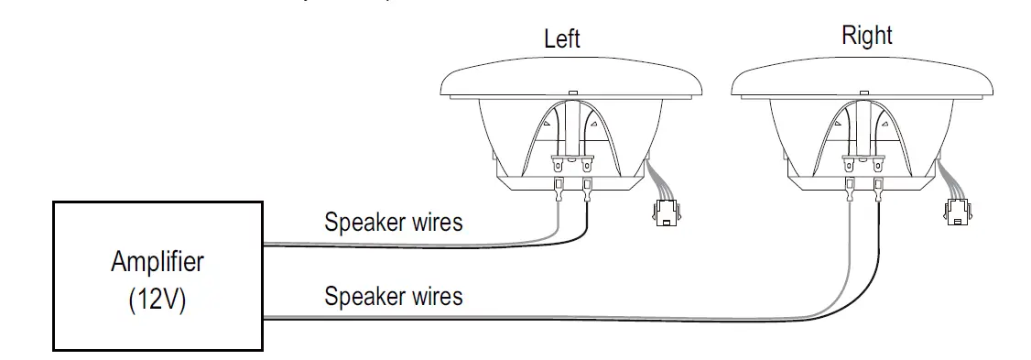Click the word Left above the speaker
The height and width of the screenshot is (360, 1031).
coord(561,38)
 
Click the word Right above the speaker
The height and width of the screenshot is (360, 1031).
coord(866,36)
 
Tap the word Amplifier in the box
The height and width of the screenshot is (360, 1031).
coord(157,262)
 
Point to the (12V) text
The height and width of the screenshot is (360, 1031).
coord(157,300)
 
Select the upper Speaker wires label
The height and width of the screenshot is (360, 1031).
coord(394,222)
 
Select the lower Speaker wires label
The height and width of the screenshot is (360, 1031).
coord(394,297)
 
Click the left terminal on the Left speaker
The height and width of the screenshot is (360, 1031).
coord(557,190)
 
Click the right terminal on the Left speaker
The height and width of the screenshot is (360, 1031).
coord(586,190)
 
